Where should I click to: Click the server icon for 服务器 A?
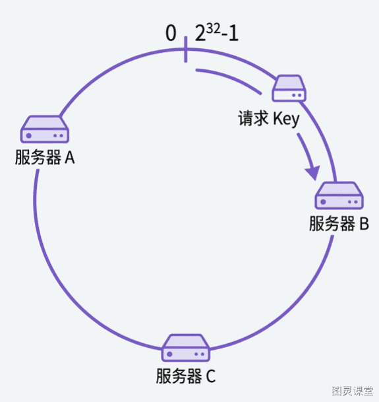click(x=45, y=129)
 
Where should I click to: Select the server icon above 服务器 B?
click(x=339, y=195)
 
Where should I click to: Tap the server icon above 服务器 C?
click(x=186, y=348)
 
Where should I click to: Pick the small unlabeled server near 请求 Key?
click(x=289, y=88)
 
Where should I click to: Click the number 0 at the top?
click(x=171, y=33)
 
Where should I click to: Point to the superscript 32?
click(x=213, y=29)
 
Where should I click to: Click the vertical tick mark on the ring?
click(x=186, y=50)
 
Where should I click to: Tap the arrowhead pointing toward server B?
click(x=314, y=172)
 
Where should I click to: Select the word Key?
click(x=286, y=119)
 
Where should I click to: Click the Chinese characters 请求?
click(x=253, y=118)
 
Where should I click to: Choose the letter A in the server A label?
click(x=69, y=157)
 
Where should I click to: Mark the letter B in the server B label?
click(x=364, y=223)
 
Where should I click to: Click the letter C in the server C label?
click(x=210, y=376)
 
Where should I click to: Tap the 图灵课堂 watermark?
click(x=353, y=391)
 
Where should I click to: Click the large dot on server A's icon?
click(x=29, y=135)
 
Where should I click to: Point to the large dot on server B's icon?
click(x=323, y=202)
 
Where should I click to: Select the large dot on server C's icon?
click(x=169, y=354)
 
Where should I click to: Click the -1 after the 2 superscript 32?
click(x=230, y=34)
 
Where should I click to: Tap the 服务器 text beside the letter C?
click(x=179, y=376)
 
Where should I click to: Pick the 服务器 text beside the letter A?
click(x=38, y=157)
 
